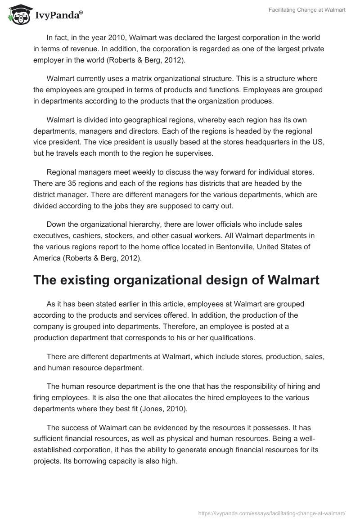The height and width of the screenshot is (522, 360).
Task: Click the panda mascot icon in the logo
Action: pyautogui.click(x=18, y=14)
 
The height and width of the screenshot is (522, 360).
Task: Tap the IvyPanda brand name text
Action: pyautogui.click(x=58, y=16)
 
